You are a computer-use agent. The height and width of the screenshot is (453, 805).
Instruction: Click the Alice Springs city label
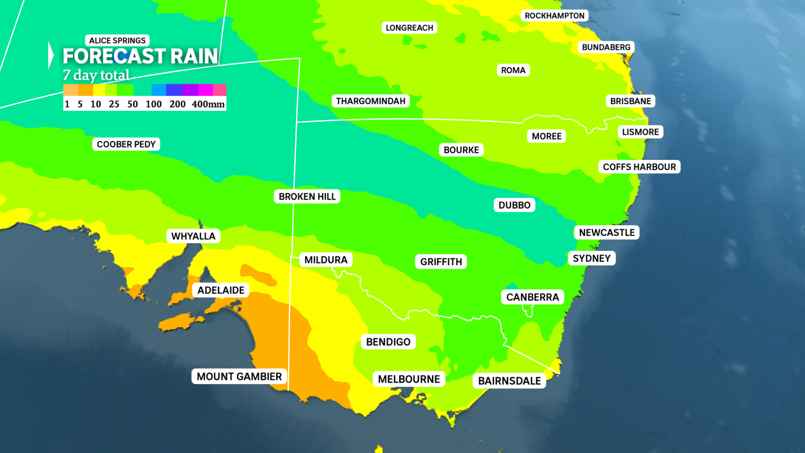point(117,41)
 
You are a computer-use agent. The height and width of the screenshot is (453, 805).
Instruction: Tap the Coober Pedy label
point(126,144)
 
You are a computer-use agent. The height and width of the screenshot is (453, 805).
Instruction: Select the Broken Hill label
point(307,197)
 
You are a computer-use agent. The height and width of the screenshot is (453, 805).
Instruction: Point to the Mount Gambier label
point(239,377)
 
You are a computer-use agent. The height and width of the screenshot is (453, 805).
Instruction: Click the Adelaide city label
point(221,290)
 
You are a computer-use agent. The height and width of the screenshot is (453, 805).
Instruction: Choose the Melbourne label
point(409,379)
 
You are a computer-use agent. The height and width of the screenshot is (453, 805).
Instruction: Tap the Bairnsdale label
point(509,381)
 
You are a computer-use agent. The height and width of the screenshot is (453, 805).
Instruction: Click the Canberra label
point(532,297)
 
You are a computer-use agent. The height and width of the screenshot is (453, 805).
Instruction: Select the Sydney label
point(592,258)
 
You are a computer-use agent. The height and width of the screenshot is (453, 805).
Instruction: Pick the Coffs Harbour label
point(639,167)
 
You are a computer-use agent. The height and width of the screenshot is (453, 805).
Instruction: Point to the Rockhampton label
point(554,16)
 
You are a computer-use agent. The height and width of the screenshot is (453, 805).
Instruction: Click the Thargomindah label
point(371,101)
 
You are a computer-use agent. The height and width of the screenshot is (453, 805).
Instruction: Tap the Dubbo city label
point(514,205)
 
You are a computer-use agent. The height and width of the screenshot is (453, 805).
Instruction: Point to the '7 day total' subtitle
point(96,75)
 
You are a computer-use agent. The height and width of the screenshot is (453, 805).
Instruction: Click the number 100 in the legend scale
point(153,104)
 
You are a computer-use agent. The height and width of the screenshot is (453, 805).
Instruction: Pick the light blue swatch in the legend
point(158,90)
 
